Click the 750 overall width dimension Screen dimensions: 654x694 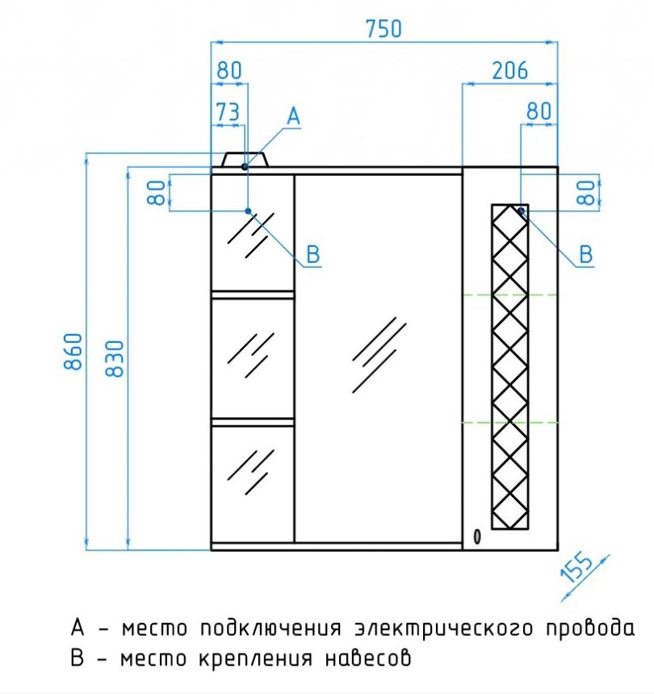[x=384, y=29]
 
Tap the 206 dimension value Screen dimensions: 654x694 [x=510, y=70]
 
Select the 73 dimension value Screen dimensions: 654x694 [x=228, y=112]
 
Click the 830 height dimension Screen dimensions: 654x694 [x=115, y=358]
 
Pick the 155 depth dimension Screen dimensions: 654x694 [x=577, y=567]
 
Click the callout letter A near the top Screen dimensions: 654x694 [x=294, y=117]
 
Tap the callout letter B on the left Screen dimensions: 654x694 [x=313, y=254]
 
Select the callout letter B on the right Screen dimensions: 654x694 [x=586, y=254]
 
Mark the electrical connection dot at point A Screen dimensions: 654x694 [x=245, y=166]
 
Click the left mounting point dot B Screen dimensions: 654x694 [x=249, y=211]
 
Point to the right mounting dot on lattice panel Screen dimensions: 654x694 [x=522, y=211]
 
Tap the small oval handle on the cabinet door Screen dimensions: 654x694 [x=477, y=537]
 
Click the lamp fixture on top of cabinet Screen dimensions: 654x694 [x=245, y=159]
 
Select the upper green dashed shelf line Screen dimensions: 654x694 [x=509, y=295]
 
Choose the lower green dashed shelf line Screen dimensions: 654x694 [x=509, y=423]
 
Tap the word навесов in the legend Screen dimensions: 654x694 [x=368, y=658]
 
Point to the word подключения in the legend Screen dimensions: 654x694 [x=271, y=629]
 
